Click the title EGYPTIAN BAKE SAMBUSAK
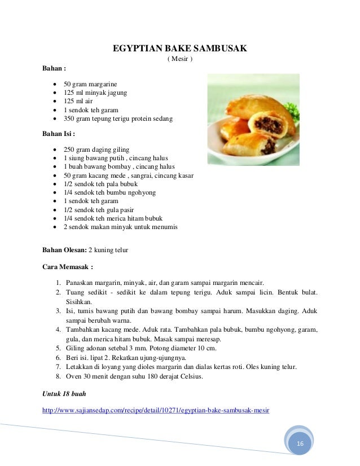[179, 49]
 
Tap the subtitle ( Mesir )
[179, 59]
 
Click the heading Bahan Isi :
[59, 134]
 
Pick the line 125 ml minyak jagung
[95, 93]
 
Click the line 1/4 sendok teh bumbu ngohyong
[109, 192]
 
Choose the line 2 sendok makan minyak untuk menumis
[120, 227]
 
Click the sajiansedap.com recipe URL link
[156, 410]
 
